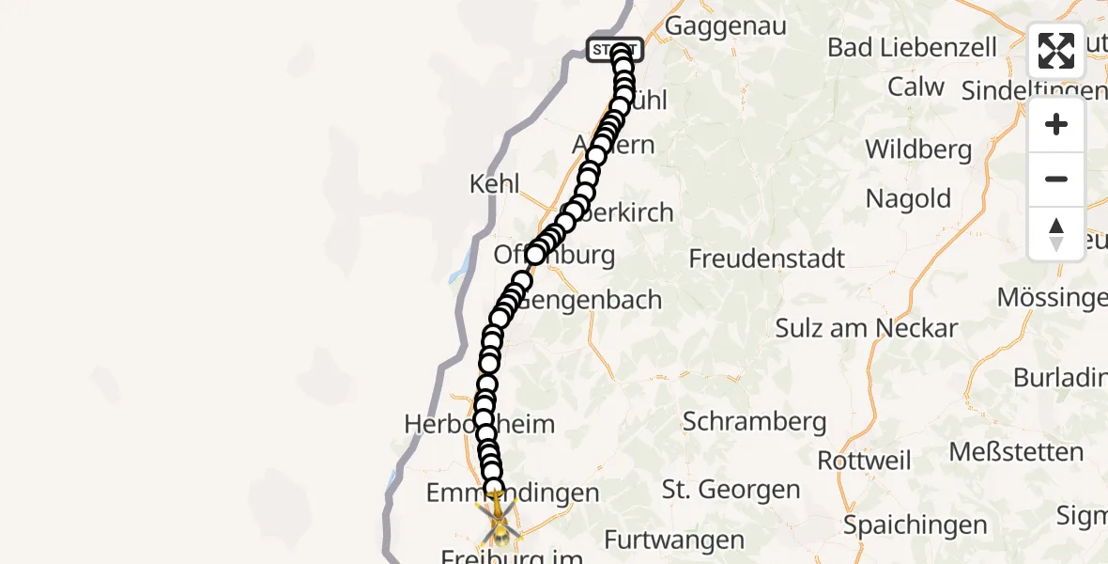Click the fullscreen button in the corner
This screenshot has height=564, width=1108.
click(x=1056, y=51)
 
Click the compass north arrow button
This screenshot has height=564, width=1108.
click(x=1056, y=234)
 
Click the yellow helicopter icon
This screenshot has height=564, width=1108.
click(x=499, y=523)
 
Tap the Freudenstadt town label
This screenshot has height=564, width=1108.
click(x=767, y=258)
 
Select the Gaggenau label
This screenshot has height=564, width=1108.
click(x=725, y=26)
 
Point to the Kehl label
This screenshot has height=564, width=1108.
click(x=495, y=183)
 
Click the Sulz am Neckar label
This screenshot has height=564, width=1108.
click(x=866, y=328)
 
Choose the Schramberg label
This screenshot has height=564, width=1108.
click(x=755, y=422)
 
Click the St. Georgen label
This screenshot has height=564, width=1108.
click(x=731, y=490)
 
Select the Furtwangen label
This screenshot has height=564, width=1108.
click(x=674, y=540)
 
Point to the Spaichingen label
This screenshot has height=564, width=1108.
click(x=916, y=525)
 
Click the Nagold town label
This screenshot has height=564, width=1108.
click(x=908, y=199)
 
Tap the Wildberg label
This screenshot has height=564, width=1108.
click(x=918, y=149)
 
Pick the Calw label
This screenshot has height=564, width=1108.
click(x=916, y=87)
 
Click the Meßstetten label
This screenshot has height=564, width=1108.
click(x=1016, y=452)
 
